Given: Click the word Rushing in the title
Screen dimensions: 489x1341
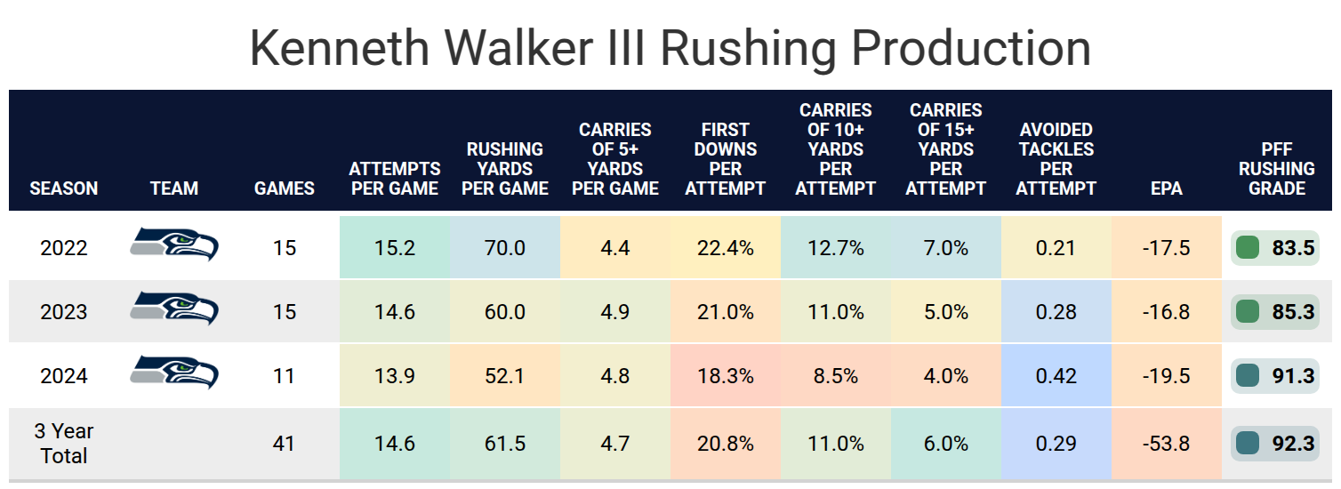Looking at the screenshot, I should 751,49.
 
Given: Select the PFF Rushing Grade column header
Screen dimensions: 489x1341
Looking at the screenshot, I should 1276,169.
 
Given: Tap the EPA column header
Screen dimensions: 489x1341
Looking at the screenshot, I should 1166,188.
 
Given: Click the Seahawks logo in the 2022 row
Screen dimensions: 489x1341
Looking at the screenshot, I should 174,244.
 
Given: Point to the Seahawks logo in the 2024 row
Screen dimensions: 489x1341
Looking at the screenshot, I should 174,373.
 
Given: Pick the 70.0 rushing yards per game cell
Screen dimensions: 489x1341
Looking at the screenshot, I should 504,248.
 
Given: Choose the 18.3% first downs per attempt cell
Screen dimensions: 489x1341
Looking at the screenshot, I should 725,376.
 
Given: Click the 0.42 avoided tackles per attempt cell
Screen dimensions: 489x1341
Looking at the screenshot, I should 1056,376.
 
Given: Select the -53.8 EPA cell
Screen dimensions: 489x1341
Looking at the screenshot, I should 1166,443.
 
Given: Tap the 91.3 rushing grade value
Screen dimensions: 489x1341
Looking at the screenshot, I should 1293,376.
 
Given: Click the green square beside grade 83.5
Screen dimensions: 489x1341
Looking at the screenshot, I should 1248,248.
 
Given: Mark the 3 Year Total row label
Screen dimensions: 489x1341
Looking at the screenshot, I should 64,443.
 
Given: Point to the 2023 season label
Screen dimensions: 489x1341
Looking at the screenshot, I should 64,312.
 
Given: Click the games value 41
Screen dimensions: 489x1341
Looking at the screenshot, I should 284,443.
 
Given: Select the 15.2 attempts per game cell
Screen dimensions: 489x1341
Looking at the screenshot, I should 394,248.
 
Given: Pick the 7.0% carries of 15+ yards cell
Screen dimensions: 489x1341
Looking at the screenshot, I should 945,248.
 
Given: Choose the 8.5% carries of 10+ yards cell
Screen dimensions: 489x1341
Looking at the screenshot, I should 835,376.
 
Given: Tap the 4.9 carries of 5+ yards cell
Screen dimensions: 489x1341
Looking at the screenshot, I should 614,312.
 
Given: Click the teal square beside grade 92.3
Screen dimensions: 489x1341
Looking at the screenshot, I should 1248,443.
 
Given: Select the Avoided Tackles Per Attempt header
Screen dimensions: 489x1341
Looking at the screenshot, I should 1056,159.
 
